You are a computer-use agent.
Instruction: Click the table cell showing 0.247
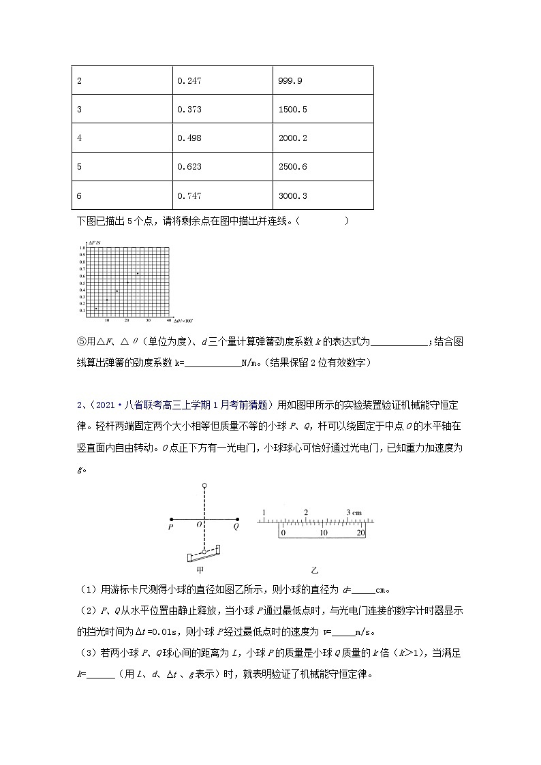(x=189, y=80)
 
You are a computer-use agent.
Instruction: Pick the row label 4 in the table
(x=80, y=138)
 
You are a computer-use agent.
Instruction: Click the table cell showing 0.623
(x=189, y=167)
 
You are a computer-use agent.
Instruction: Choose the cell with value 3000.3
(x=293, y=196)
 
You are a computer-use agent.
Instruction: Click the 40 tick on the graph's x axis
(x=168, y=319)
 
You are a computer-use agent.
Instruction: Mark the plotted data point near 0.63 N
(x=138, y=274)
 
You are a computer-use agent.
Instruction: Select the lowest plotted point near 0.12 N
(x=96, y=309)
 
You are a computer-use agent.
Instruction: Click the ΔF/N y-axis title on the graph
(x=94, y=243)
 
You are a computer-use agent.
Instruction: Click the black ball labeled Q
(x=237, y=518)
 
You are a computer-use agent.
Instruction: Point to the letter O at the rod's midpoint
(x=198, y=526)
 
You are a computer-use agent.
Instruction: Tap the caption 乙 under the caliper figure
(x=314, y=570)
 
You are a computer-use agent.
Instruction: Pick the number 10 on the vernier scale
(x=324, y=533)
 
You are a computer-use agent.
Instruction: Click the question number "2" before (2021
(x=79, y=405)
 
